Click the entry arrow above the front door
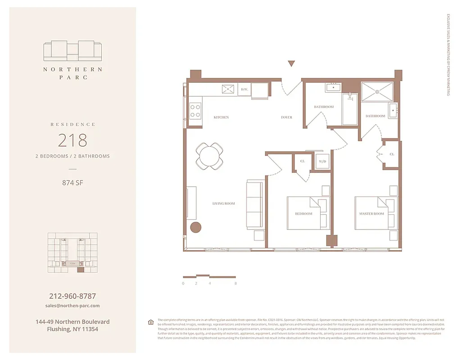coord(291,63)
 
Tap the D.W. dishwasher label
coord(244,90)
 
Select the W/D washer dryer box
coord(322,161)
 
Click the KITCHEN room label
coord(221,117)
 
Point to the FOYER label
coord(286,117)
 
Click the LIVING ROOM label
coord(224,203)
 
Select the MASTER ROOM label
coord(371,214)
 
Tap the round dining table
coord(209,156)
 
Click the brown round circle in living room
coord(196,227)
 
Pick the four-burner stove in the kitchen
coord(195,111)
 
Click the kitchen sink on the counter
coord(228,89)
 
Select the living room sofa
coord(255,204)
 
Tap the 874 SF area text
coord(72,183)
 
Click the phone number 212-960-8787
coord(72,297)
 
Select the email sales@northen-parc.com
coord(72,306)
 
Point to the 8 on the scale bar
coord(235,283)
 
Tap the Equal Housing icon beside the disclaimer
coord(150,322)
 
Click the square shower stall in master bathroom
coord(377,92)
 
